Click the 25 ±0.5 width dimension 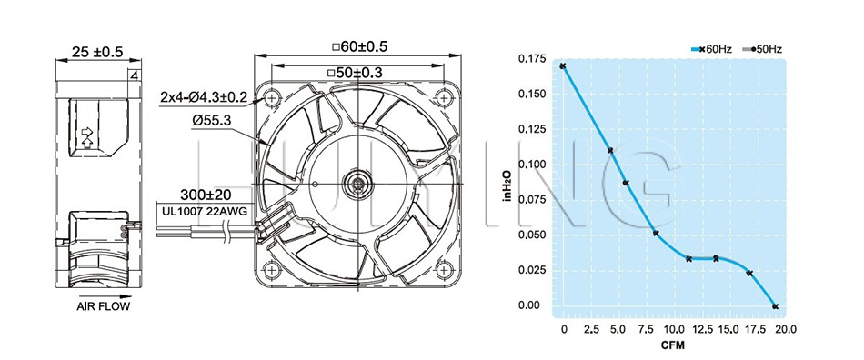click(97, 52)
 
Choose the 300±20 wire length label click(206, 195)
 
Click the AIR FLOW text click(103, 306)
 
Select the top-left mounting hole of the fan click(270, 98)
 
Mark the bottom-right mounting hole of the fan click(444, 270)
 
